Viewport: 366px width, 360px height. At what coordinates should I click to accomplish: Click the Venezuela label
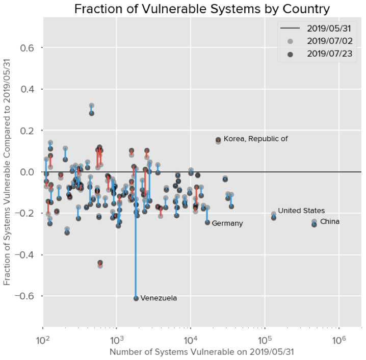pyautogui.click(x=159, y=298)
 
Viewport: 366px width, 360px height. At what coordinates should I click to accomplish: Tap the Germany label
pyautogui.click(x=227, y=223)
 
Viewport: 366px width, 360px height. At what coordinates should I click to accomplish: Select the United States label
pyautogui.click(x=301, y=211)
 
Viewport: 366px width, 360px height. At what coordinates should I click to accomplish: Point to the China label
pyautogui.click(x=329, y=221)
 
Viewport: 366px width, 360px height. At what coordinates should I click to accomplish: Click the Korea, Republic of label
pyautogui.click(x=255, y=139)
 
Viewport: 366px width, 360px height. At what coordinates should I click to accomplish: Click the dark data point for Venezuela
pyautogui.click(x=136, y=298)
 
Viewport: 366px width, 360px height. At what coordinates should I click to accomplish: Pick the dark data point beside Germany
pyautogui.click(x=207, y=222)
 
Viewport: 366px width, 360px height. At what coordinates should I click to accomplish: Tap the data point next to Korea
pyautogui.click(x=218, y=140)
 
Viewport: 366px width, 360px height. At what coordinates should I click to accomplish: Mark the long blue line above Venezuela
pyautogui.click(x=136, y=235)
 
